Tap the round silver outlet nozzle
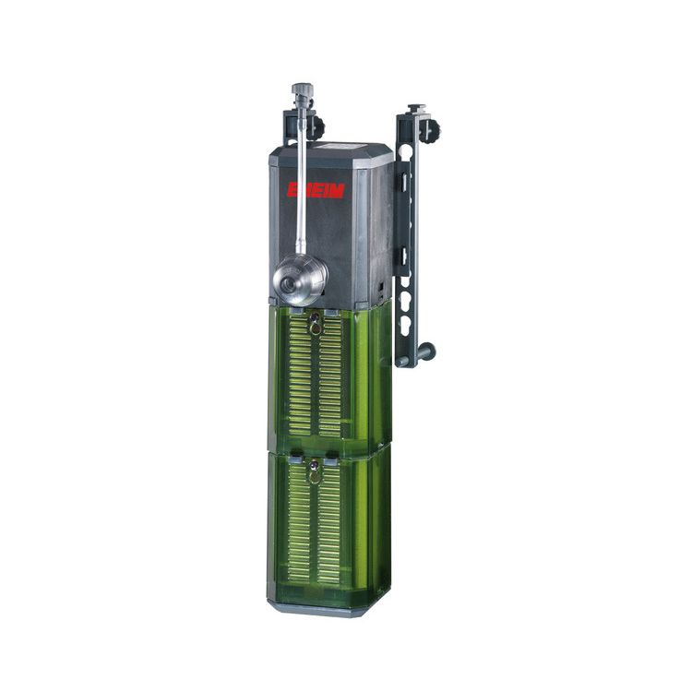coord(301,281)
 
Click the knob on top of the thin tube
coord(302,91)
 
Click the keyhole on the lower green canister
coord(315,472)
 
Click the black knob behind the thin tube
coord(317,126)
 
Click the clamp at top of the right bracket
coord(415,114)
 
